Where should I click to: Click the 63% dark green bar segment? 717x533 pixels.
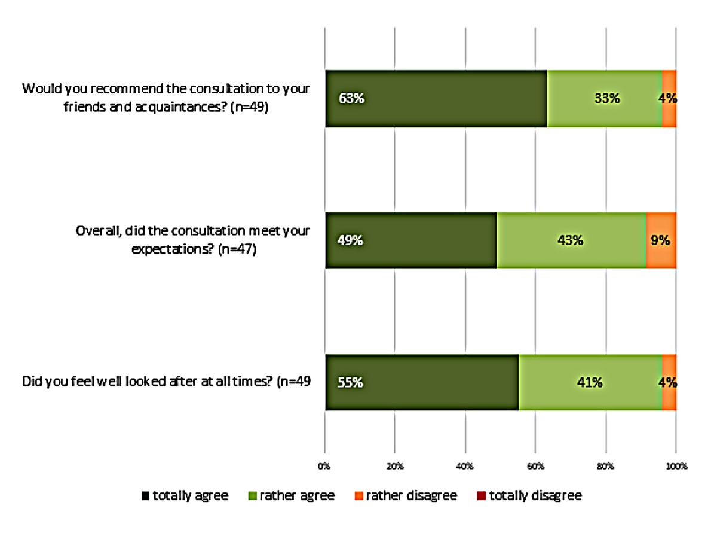click(436, 99)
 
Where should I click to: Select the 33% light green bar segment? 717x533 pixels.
click(604, 99)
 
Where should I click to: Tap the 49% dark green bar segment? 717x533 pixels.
click(411, 240)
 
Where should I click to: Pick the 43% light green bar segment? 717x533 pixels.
click(571, 240)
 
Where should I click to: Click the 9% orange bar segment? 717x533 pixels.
click(661, 240)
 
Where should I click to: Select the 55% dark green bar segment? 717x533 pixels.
click(422, 382)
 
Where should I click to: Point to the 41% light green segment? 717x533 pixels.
click(590, 382)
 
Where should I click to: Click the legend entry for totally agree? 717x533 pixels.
click(185, 495)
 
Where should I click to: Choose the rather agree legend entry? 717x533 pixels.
click(292, 495)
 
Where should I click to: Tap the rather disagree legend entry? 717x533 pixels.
click(406, 495)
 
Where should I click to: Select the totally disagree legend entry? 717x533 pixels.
click(529, 495)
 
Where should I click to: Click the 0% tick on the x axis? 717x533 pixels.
click(324, 465)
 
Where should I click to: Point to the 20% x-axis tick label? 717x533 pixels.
click(395, 465)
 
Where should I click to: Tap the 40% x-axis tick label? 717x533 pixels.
click(465, 465)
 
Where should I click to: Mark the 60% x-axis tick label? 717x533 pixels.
click(535, 465)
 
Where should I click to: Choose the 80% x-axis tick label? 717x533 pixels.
click(606, 465)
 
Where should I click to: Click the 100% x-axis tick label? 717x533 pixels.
click(676, 465)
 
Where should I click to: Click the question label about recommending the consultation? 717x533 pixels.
click(166, 98)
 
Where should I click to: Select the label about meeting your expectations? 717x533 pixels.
click(192, 240)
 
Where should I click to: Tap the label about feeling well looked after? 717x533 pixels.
click(166, 382)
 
